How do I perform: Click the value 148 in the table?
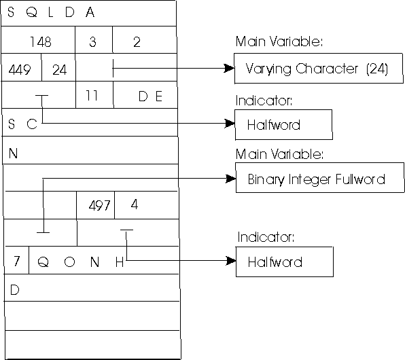click(x=41, y=41)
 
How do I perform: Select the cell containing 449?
click(x=22, y=68)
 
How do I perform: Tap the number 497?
click(x=99, y=206)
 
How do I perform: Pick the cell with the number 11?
click(x=94, y=95)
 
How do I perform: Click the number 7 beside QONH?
click(x=17, y=261)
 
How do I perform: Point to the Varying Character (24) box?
click(x=319, y=69)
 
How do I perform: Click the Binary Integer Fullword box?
click(x=320, y=178)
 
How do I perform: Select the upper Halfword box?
click(x=283, y=125)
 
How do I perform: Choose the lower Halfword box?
click(x=284, y=262)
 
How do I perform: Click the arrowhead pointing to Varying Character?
click(x=230, y=69)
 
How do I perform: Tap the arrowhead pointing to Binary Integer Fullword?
click(x=230, y=179)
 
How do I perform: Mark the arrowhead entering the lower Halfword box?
click(x=231, y=260)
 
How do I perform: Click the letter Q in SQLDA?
click(x=31, y=12)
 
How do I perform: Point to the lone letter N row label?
click(x=13, y=153)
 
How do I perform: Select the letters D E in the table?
click(x=150, y=96)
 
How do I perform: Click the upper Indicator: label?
click(x=264, y=101)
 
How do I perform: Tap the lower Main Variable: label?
click(x=279, y=154)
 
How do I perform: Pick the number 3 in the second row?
click(x=92, y=41)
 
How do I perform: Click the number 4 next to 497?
click(x=135, y=204)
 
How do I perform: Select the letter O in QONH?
click(x=69, y=262)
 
